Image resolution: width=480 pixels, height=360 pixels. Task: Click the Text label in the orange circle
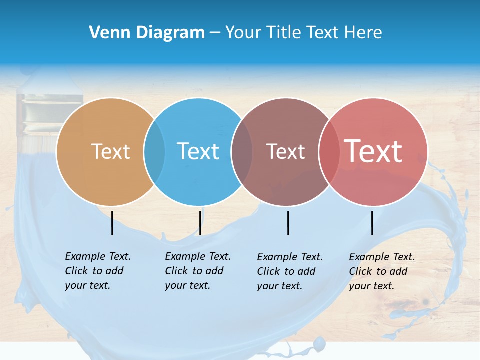[x=110, y=151]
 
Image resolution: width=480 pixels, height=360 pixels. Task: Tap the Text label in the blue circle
[x=198, y=151]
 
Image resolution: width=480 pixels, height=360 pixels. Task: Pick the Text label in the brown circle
[x=285, y=151]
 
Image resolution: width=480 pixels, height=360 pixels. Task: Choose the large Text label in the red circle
[x=373, y=151]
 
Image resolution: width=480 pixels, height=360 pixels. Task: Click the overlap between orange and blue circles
[x=154, y=151]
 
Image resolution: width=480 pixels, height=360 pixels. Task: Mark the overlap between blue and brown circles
[x=242, y=151]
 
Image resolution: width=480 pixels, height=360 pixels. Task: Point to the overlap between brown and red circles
[x=329, y=151]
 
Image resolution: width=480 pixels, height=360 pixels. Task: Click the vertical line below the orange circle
[x=112, y=223]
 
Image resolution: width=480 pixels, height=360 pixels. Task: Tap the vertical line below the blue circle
[x=200, y=223]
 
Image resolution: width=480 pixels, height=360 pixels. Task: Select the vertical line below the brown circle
[x=288, y=223]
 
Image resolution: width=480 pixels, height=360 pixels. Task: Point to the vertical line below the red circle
[x=372, y=223]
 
